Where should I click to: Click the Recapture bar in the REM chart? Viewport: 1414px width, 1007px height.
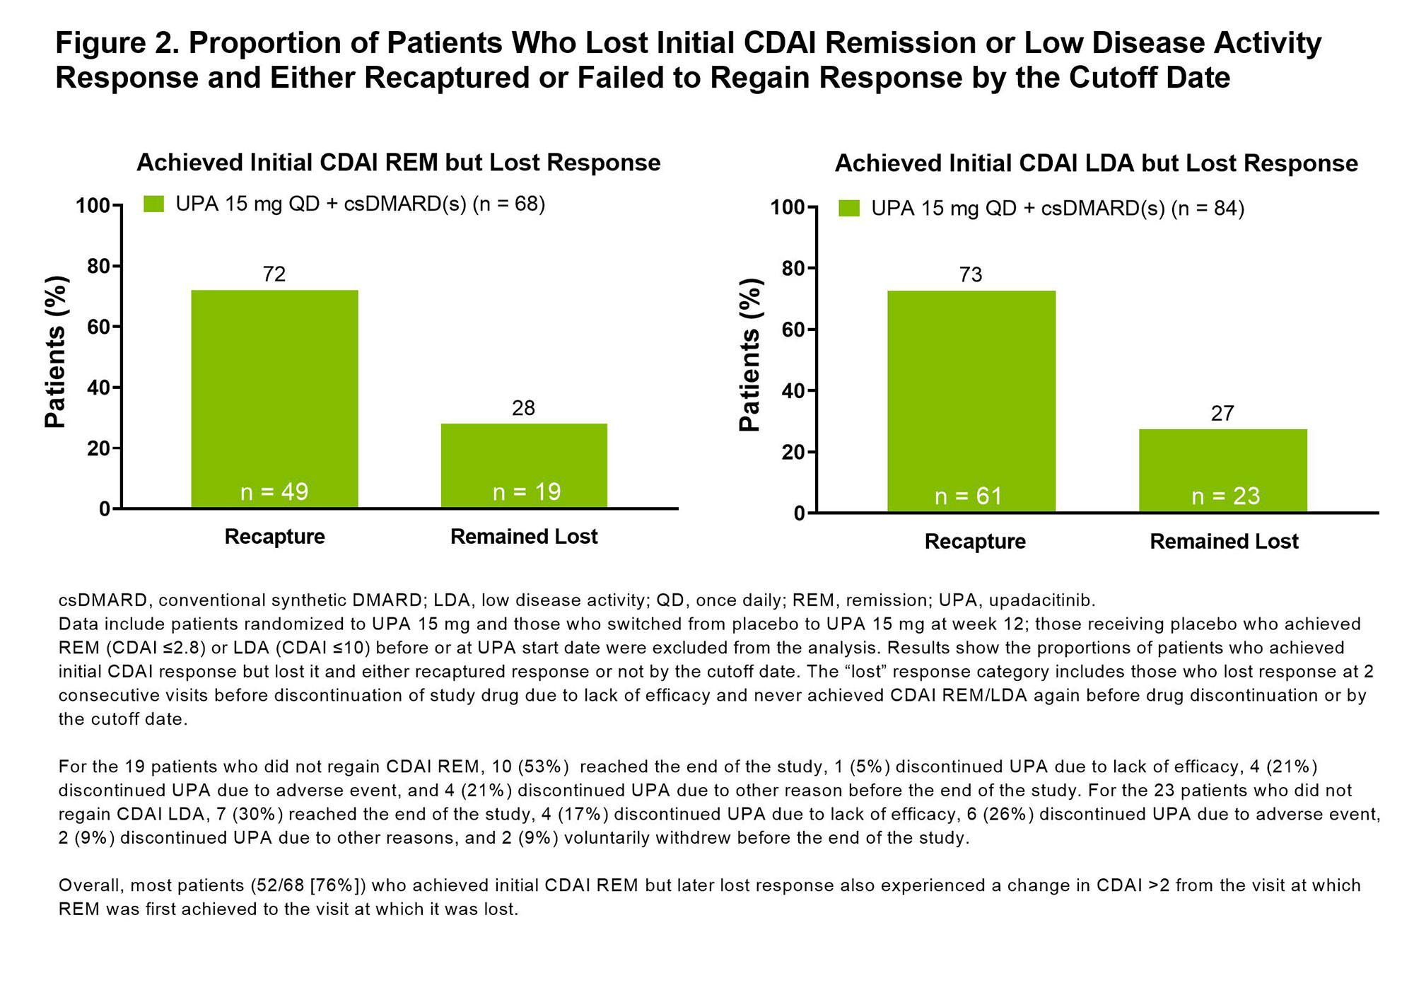click(x=274, y=396)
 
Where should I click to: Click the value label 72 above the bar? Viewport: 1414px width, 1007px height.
click(x=274, y=274)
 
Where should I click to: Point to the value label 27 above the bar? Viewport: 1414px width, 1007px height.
click(x=1222, y=414)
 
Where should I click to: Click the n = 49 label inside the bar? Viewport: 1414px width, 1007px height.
click(x=274, y=491)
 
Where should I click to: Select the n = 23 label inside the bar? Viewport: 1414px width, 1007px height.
click(x=1226, y=496)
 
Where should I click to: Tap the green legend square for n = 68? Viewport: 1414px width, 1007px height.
click(x=153, y=204)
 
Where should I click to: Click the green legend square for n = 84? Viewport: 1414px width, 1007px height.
click(x=849, y=209)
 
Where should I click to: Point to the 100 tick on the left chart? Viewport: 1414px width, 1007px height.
click(x=93, y=206)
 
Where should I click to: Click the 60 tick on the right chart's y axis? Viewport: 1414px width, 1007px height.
click(x=795, y=330)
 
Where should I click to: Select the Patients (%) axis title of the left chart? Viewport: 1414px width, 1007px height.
click(x=55, y=352)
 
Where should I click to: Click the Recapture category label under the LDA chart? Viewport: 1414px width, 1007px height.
click(x=975, y=542)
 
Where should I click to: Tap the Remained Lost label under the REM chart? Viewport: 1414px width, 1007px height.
click(x=524, y=537)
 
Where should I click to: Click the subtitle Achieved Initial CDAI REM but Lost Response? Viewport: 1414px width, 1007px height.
click(x=398, y=163)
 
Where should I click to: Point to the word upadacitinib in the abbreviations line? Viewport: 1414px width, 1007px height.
click(x=1041, y=600)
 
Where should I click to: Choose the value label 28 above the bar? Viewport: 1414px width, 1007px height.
click(x=523, y=409)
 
